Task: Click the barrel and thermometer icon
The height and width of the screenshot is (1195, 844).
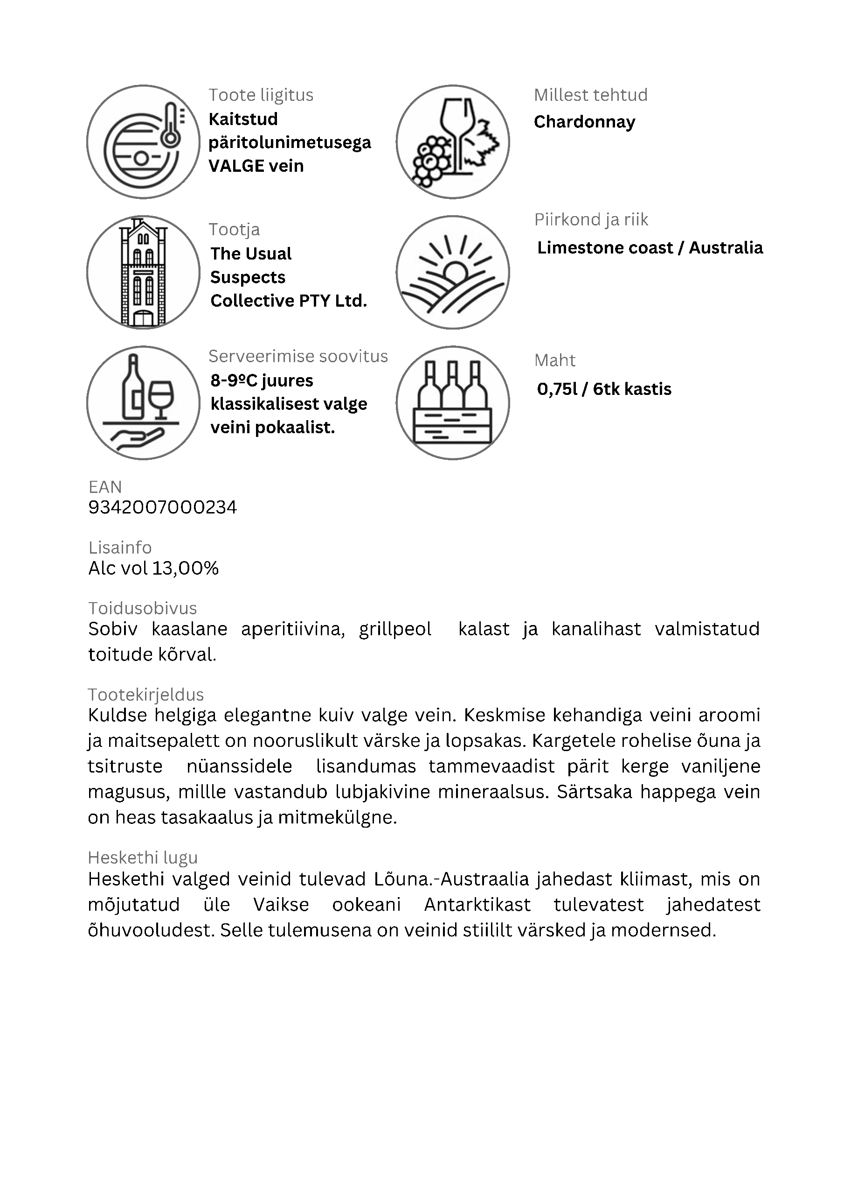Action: pyautogui.click(x=143, y=142)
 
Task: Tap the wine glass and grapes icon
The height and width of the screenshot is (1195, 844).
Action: pyautogui.click(x=452, y=142)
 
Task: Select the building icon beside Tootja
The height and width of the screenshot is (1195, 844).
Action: pyautogui.click(x=143, y=272)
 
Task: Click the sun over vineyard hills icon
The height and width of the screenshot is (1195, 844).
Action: pyautogui.click(x=452, y=272)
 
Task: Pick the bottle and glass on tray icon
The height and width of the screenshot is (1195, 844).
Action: pyautogui.click(x=143, y=403)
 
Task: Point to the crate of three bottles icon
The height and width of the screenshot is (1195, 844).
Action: pyautogui.click(x=452, y=403)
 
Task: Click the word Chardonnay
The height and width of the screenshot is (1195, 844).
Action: pyautogui.click(x=585, y=122)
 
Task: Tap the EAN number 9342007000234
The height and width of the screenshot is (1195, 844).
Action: pyautogui.click(x=163, y=507)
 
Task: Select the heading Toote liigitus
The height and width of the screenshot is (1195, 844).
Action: pyautogui.click(x=261, y=95)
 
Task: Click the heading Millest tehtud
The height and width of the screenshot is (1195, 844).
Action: pyautogui.click(x=591, y=95)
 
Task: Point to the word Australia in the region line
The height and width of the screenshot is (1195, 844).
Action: pyautogui.click(x=726, y=248)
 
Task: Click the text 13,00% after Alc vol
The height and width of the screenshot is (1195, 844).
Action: pyautogui.click(x=186, y=569)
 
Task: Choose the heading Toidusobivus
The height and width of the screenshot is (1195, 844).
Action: pyautogui.click(x=143, y=608)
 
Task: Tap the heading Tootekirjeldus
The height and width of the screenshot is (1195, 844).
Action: pyautogui.click(x=145, y=695)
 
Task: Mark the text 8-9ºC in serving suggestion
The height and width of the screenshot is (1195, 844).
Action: pyautogui.click(x=234, y=380)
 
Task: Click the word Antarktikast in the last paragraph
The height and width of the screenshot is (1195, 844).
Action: pyautogui.click(x=477, y=905)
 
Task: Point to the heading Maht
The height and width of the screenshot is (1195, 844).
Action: pyautogui.click(x=555, y=360)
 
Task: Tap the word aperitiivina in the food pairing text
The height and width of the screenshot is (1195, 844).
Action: pyautogui.click(x=293, y=629)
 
